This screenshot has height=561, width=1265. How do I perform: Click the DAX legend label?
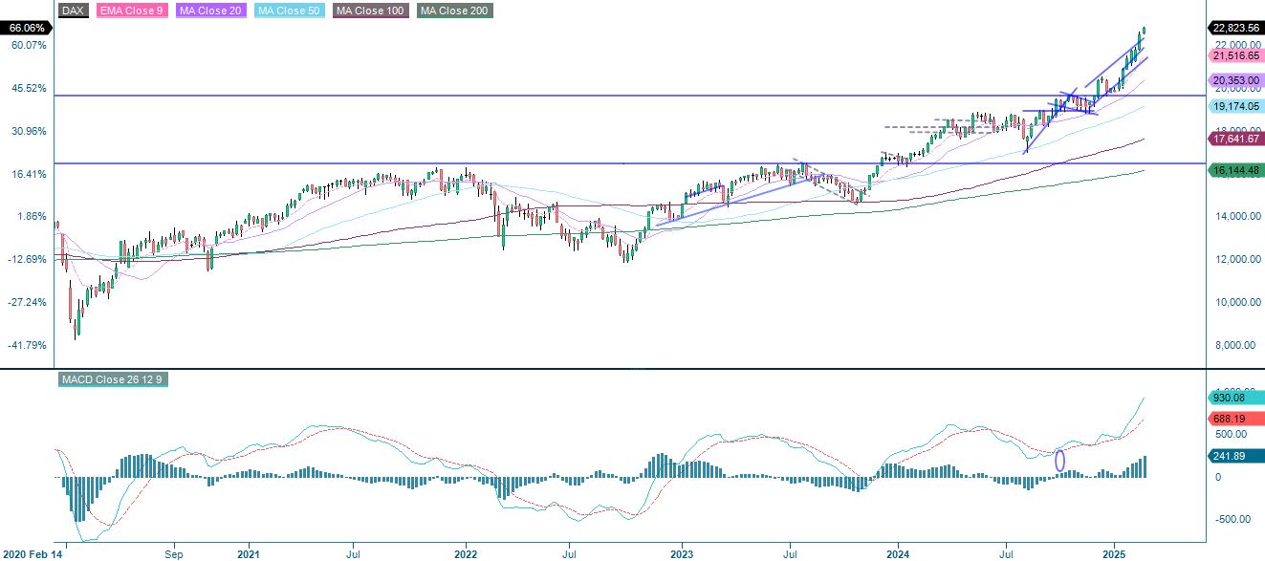pyautogui.click(x=72, y=11)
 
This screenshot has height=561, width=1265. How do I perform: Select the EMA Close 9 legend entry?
pyautogui.click(x=132, y=11)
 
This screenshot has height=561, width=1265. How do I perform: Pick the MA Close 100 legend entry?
pyautogui.click(x=371, y=11)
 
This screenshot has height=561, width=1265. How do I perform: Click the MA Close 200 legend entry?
pyautogui.click(x=455, y=11)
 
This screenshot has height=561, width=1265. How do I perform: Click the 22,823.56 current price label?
pyautogui.click(x=1234, y=28)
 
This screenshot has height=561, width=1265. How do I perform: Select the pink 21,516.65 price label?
pyautogui.click(x=1234, y=56)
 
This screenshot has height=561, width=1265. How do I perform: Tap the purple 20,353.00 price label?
pyautogui.click(x=1234, y=80)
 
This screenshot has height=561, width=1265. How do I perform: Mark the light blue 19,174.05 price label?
pyautogui.click(x=1234, y=106)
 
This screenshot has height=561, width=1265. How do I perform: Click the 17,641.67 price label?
pyautogui.click(x=1234, y=140)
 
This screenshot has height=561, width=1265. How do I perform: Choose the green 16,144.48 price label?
pyautogui.click(x=1234, y=170)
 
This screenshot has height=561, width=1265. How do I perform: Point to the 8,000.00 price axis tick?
pyautogui.click(x=1231, y=345)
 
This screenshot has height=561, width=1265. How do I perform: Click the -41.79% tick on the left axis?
pyautogui.click(x=27, y=345)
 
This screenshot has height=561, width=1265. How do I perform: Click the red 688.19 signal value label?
pyautogui.click(x=1234, y=419)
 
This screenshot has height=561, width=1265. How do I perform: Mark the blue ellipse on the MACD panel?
pyautogui.click(x=1059, y=461)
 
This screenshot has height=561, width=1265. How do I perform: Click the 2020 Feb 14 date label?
pyautogui.click(x=30, y=553)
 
